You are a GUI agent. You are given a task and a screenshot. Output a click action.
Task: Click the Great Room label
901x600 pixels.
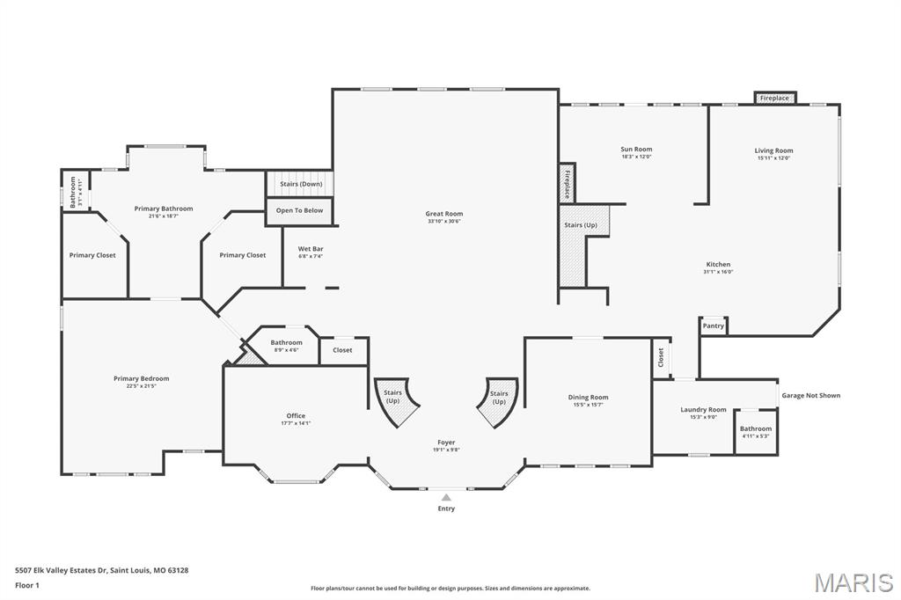point(443,214)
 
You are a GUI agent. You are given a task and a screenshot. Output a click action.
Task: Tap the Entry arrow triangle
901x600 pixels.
point(446,497)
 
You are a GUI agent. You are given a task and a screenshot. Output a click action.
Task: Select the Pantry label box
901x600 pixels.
point(714,326)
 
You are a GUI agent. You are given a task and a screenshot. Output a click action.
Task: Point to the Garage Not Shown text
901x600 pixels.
point(810,396)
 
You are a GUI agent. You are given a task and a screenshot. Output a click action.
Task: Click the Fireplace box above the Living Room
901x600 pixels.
point(774,99)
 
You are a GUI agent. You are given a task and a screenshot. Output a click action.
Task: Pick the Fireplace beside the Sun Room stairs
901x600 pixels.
point(568,184)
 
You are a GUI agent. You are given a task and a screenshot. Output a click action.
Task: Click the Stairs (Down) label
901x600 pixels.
point(300,184)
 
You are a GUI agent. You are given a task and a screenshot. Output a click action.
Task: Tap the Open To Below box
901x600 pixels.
point(299,210)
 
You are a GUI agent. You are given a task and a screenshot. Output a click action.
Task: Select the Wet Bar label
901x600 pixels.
point(311,249)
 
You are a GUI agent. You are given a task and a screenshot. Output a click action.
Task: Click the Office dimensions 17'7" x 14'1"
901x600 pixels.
point(295,423)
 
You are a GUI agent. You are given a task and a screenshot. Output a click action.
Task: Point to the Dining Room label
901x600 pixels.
point(588,398)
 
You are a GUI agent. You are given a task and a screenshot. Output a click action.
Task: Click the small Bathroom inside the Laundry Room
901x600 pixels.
point(756,432)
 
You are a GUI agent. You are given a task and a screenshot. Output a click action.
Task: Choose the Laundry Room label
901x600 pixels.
point(703,410)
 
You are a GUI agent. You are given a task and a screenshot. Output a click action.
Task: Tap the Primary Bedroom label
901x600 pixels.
point(141,378)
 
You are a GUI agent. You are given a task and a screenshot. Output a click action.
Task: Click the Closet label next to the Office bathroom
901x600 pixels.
point(342,350)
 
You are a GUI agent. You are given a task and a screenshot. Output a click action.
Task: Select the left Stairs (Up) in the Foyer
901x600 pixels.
point(393,398)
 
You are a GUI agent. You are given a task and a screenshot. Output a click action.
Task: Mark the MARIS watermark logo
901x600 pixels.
point(853,582)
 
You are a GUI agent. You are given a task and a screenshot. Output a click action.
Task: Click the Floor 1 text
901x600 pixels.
point(27,585)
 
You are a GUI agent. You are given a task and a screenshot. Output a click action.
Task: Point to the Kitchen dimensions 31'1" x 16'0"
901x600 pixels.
point(718,273)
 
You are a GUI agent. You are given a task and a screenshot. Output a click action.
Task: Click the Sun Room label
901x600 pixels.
point(636,150)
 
